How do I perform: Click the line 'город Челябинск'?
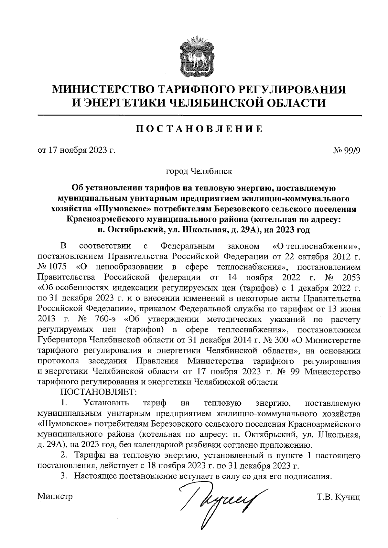[x=199, y=171]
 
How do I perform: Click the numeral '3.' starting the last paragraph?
[x=64, y=476]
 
